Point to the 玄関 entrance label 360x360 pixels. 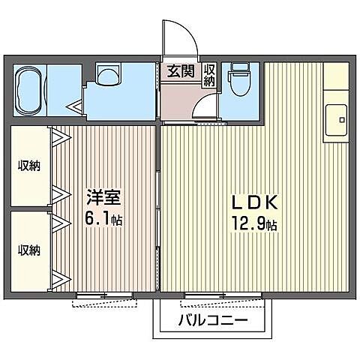coord(180,72)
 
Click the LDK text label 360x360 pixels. coord(255,202)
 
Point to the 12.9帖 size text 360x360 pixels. coord(255,223)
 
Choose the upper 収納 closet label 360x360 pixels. coord(28,166)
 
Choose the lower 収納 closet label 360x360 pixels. coord(28,250)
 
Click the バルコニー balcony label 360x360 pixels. coord(212,322)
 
